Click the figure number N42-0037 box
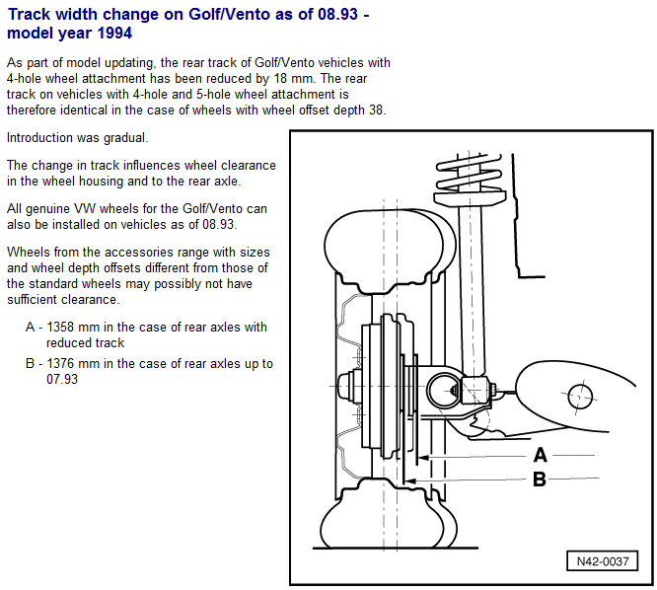tap(602, 561)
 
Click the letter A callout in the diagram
tap(540, 455)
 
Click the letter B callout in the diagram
tap(540, 479)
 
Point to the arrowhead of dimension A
tap(423, 458)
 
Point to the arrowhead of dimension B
tap(409, 481)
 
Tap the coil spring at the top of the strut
tap(469, 173)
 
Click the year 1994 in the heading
tap(114, 34)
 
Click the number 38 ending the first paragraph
tap(377, 111)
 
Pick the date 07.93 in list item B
tap(62, 379)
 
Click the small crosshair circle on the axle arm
tap(580, 396)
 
